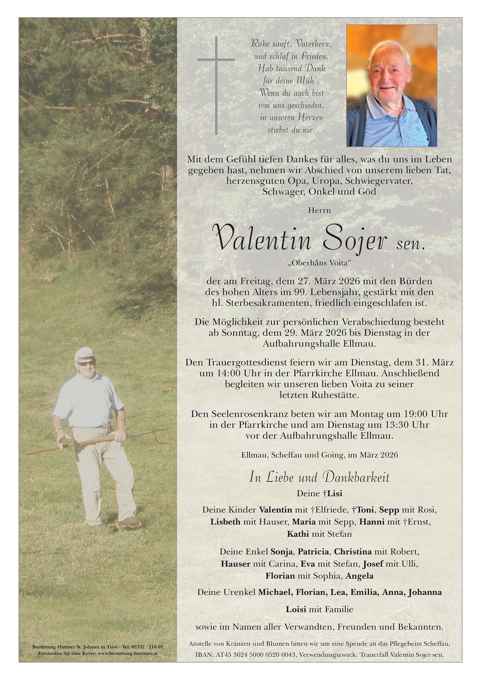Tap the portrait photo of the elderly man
click(x=392, y=86)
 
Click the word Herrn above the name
click(x=319, y=211)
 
